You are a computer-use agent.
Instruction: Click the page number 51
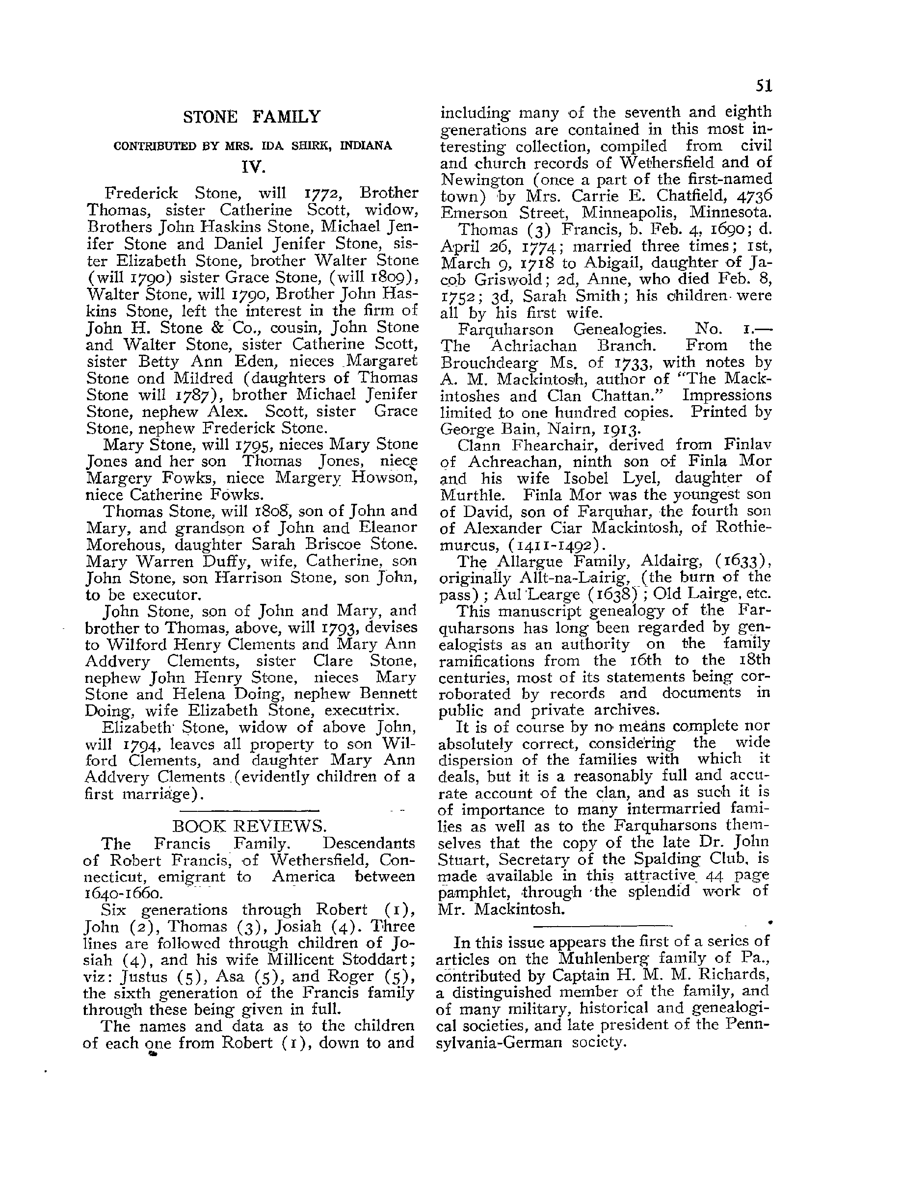764,86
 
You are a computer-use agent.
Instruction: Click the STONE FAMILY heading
251,116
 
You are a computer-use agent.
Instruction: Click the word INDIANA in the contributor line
366,146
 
